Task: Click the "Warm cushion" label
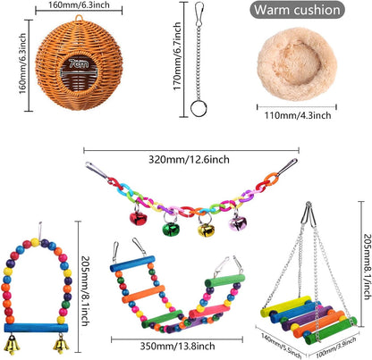[x=297, y=10]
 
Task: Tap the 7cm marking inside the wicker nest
[x=79, y=63]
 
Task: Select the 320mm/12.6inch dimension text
[x=189, y=160]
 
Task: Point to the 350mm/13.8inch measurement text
[x=177, y=346]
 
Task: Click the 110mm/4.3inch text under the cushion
[x=298, y=115]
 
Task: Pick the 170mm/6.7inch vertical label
[x=177, y=56]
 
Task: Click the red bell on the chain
[x=139, y=218]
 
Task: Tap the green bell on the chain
[x=171, y=229]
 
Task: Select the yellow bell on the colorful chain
[x=206, y=230]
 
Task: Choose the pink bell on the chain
[x=238, y=223]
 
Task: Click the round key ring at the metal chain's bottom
[x=199, y=109]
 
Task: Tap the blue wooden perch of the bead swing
[x=36, y=328]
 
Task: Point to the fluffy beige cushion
[x=297, y=64]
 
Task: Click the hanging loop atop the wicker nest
[x=79, y=18]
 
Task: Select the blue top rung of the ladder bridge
[x=132, y=264]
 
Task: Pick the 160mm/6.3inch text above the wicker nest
[x=79, y=5]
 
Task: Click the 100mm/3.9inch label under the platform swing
[x=335, y=347]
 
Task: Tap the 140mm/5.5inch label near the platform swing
[x=281, y=346]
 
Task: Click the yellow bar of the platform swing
[x=286, y=306]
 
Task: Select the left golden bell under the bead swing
[x=13, y=345]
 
